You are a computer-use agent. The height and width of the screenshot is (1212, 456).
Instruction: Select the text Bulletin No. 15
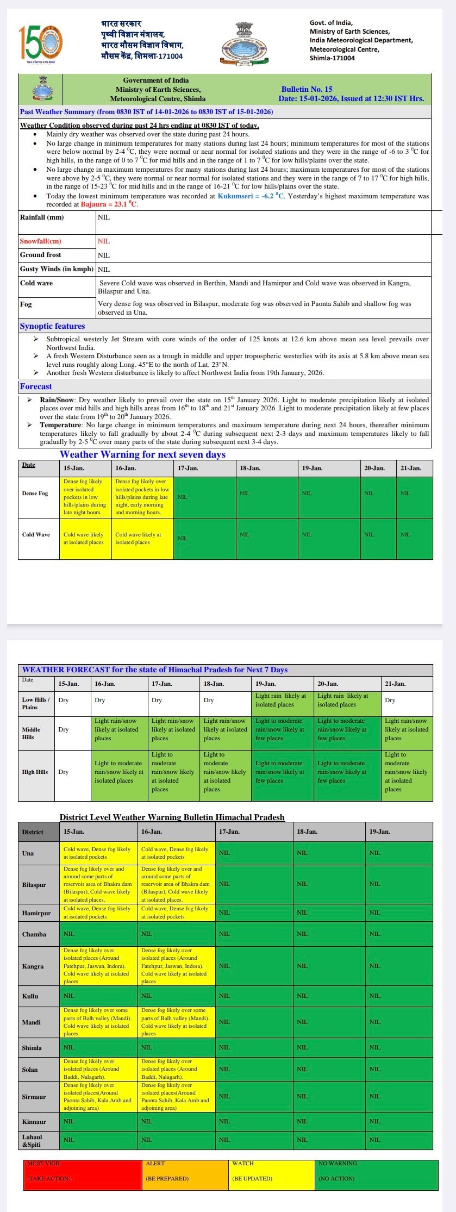click(307, 89)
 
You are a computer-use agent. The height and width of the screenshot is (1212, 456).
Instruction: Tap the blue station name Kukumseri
click(236, 196)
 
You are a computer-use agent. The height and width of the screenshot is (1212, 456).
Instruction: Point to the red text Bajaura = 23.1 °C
click(109, 204)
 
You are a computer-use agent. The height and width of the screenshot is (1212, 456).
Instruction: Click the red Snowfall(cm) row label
click(41, 241)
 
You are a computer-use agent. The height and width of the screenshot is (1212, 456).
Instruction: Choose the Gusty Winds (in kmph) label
click(57, 269)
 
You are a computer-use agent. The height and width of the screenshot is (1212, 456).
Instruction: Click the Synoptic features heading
click(52, 326)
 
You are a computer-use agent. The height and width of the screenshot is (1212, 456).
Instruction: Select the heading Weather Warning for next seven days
click(142, 454)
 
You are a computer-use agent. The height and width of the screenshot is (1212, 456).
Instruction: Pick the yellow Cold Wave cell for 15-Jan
click(85, 538)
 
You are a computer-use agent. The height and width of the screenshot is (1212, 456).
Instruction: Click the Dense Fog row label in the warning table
click(35, 493)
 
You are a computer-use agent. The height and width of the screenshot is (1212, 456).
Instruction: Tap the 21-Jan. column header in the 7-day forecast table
click(395, 684)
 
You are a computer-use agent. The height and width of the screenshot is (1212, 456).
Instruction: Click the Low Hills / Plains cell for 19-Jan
click(282, 701)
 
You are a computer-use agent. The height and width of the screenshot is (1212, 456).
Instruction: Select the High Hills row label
click(35, 772)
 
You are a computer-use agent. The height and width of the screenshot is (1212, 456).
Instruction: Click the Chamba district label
click(34, 934)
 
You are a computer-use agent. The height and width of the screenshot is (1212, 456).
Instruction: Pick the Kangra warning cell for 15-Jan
click(98, 966)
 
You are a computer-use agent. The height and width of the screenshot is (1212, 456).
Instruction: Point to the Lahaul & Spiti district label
click(32, 1140)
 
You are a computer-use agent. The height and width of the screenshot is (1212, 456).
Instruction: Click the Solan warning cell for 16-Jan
click(176, 1069)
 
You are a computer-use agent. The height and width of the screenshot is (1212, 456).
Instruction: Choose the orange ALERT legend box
click(185, 1175)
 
